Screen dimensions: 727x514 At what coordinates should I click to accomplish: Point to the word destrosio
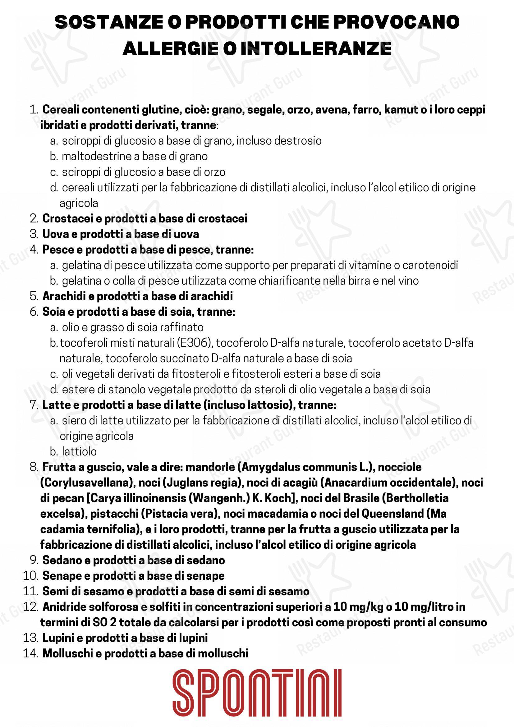pos(298,141)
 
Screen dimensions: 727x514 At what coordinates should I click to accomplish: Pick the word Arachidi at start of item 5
pos(64,296)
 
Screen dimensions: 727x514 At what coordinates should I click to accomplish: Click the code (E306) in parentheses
pos(194,343)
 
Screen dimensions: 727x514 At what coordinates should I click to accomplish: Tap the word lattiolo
pos(79,451)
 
